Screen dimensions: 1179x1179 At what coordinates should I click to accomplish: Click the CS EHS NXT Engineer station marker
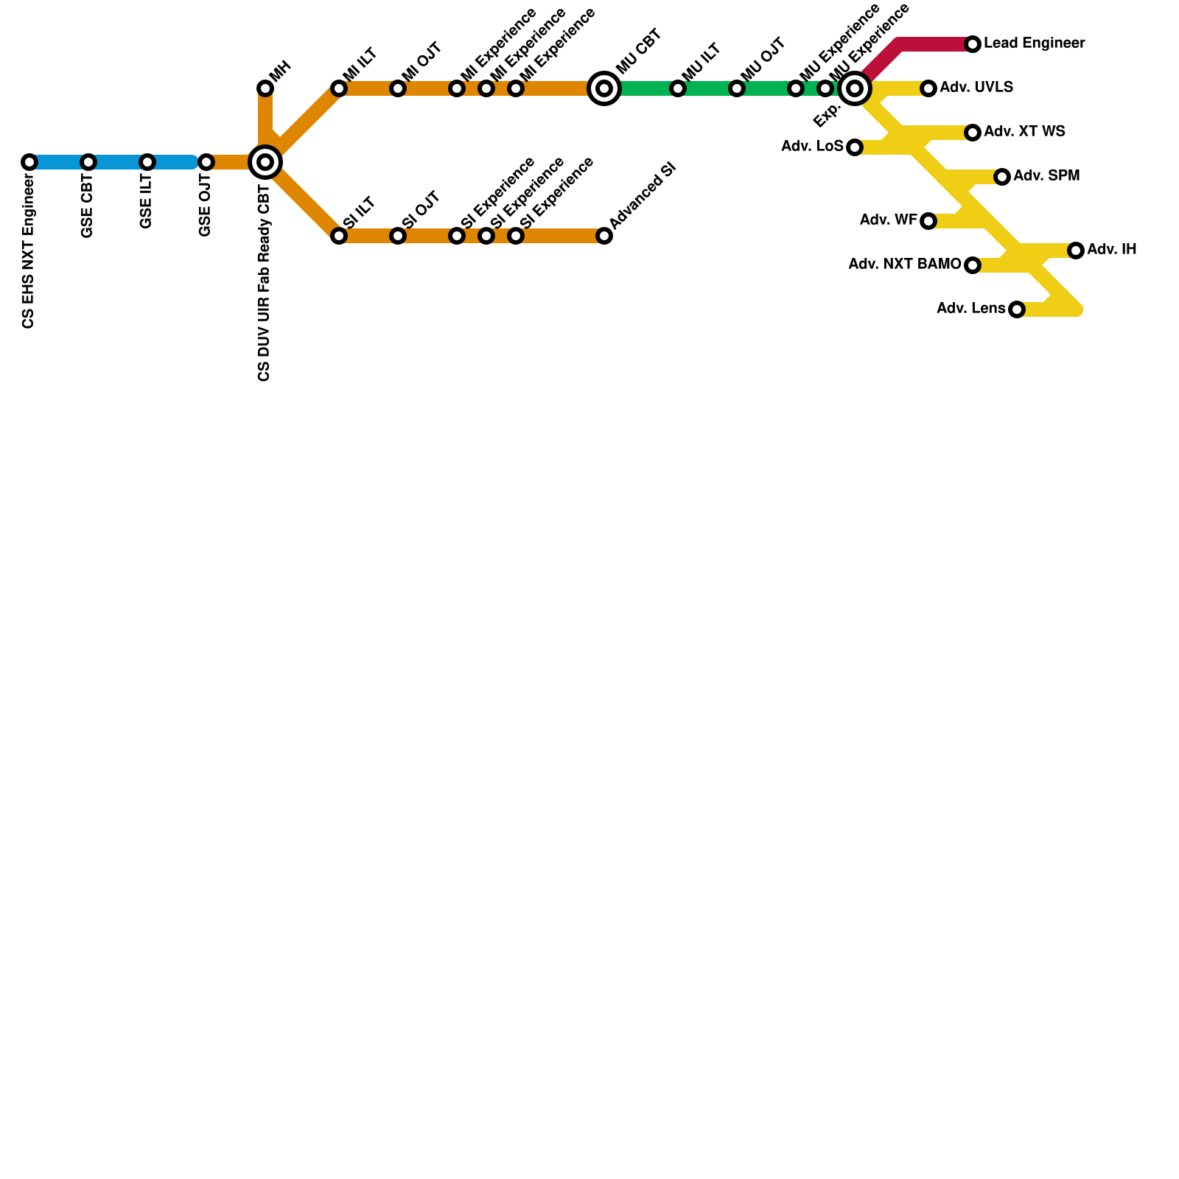(x=29, y=162)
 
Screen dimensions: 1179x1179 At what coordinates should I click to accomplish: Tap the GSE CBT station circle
(x=88, y=162)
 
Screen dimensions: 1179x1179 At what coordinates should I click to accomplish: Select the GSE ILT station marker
(x=147, y=162)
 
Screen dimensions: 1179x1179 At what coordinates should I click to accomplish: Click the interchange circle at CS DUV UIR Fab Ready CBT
(x=265, y=162)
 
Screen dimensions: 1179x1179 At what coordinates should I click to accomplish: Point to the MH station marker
(x=265, y=88)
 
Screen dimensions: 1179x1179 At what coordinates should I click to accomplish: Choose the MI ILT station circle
(x=339, y=88)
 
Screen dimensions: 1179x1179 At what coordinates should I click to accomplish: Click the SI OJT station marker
(x=398, y=236)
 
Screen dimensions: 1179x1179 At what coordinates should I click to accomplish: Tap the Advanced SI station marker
(x=604, y=236)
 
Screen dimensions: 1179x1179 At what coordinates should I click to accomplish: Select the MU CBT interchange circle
(x=604, y=88)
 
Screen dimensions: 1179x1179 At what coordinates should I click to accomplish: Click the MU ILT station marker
(x=678, y=88)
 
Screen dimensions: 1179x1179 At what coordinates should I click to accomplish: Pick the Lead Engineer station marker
(x=973, y=44)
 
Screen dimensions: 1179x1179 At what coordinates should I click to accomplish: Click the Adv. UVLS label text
(x=976, y=88)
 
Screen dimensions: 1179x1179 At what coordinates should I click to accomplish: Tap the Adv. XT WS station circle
(x=973, y=133)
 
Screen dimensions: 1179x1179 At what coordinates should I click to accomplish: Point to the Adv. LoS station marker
(x=855, y=147)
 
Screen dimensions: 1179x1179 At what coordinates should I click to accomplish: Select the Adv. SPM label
(x=1046, y=176)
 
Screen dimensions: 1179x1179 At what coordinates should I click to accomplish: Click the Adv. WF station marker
(x=928, y=221)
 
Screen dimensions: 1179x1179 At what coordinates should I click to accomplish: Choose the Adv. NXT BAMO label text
(x=904, y=265)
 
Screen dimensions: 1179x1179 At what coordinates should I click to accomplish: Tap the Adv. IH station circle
(x=1076, y=251)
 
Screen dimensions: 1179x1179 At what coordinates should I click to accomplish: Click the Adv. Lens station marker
(x=1017, y=309)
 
